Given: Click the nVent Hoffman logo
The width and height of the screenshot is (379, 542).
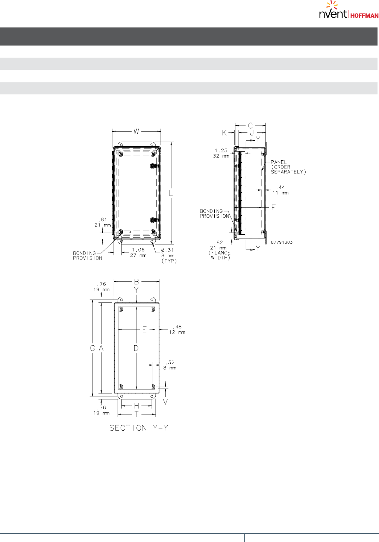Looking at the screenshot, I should (348, 11).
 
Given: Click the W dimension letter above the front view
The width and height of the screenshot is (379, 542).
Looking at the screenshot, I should (136, 131).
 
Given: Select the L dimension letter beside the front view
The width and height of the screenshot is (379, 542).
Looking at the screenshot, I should (171, 193).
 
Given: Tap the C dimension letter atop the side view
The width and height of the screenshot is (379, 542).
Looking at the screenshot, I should (250, 126).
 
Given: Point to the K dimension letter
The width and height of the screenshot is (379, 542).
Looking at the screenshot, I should (224, 133).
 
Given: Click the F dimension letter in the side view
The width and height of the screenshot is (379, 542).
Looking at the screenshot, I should (273, 208).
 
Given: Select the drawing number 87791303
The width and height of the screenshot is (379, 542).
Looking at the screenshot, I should (282, 242).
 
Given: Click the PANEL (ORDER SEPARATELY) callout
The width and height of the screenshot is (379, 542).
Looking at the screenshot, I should (288, 167).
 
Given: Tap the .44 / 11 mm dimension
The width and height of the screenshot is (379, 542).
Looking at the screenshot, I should (280, 190).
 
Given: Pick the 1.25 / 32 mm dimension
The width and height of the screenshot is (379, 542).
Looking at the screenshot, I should (221, 153).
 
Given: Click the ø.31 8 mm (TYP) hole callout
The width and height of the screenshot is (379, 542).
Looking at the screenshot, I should (168, 255).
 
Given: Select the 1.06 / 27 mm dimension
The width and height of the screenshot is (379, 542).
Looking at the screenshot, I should (138, 252).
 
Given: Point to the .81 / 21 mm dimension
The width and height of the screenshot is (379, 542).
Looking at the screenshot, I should (103, 222).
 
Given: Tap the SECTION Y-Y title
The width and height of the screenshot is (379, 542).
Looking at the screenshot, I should (139, 428).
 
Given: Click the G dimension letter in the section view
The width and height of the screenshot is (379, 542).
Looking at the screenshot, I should (92, 349).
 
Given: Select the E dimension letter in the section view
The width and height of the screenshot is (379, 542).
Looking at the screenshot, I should (144, 329).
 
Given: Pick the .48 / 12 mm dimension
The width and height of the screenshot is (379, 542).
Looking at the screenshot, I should (177, 329).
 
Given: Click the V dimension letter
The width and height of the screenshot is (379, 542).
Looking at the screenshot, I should (165, 402).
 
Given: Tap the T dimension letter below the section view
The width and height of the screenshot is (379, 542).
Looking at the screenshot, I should (137, 414).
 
